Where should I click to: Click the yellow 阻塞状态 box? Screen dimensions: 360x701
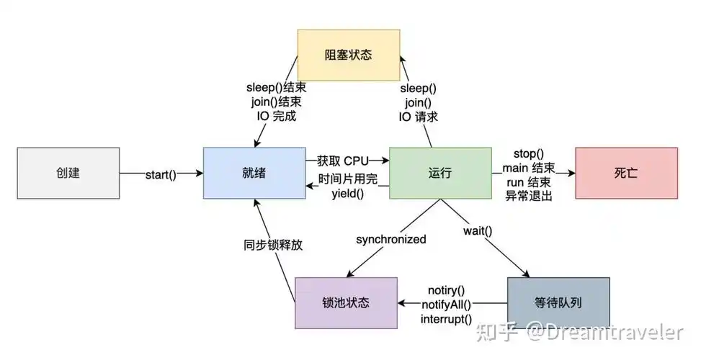point(349,55)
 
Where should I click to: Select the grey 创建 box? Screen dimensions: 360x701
point(68,173)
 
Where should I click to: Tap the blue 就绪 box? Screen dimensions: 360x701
point(254,173)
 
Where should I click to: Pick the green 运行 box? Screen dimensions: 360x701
point(439,173)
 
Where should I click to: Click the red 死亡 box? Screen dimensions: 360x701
point(625,173)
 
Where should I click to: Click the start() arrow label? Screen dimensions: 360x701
point(161,174)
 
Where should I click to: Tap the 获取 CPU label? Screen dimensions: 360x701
point(342,159)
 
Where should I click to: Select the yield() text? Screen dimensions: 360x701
point(348,193)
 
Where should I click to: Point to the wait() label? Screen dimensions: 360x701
point(477,231)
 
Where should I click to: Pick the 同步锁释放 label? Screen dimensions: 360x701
point(272,244)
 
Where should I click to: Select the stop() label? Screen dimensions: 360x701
point(528,153)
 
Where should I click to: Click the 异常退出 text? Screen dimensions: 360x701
point(528,195)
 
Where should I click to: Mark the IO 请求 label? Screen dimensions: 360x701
point(418,116)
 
